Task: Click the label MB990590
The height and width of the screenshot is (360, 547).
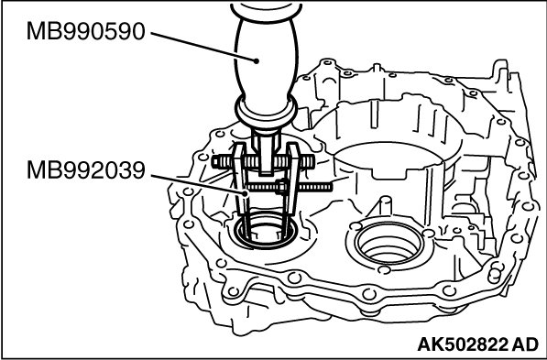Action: [x=85, y=31]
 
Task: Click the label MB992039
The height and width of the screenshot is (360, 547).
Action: [x=85, y=170]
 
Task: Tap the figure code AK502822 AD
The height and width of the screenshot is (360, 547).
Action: [x=478, y=344]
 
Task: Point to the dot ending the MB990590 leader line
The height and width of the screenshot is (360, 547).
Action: [x=257, y=61]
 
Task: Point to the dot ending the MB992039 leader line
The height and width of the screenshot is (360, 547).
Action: [x=246, y=193]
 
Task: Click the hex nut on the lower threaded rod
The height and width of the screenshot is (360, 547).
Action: [x=280, y=187]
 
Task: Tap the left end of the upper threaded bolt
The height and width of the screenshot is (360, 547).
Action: [x=213, y=161]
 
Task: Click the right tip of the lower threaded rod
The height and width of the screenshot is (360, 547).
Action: [x=331, y=188]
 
